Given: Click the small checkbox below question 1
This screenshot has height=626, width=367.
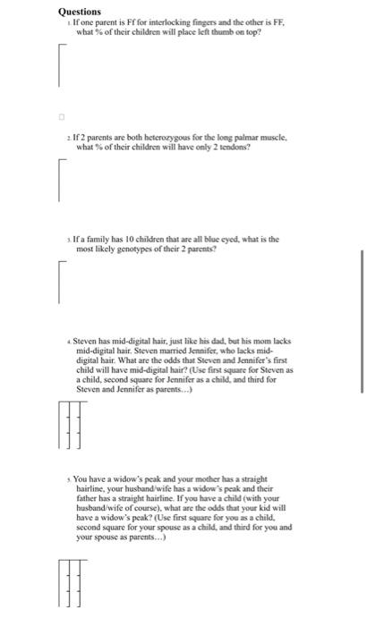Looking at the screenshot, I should click(63, 115).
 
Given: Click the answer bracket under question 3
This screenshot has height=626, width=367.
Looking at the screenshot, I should click(61, 282).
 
